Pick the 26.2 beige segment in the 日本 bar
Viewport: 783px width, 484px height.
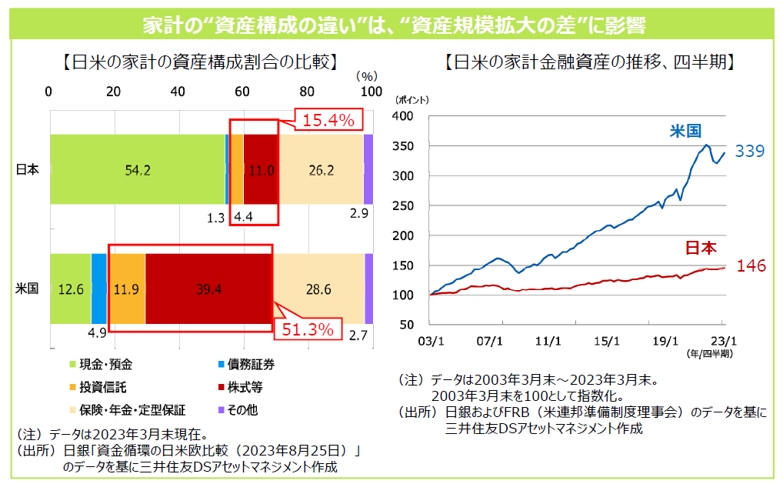click(x=321, y=170)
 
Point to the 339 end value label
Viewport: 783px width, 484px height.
click(x=748, y=152)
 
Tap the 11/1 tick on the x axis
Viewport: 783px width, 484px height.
click(x=548, y=340)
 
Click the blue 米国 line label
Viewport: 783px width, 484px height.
click(x=684, y=131)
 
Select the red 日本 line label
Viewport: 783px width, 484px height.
click(x=700, y=248)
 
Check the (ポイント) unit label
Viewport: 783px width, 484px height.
click(x=412, y=100)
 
